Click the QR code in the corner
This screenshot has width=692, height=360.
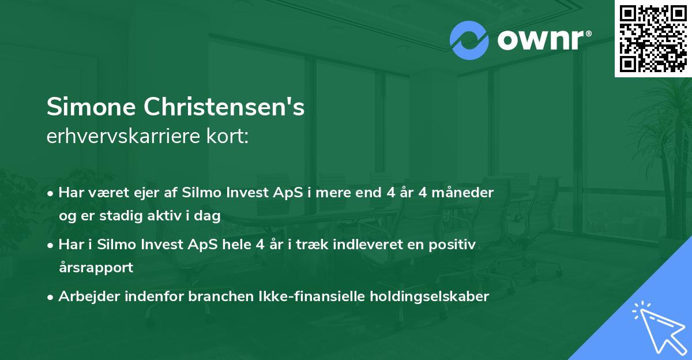click(x=653, y=38)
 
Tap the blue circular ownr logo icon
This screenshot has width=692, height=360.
click(x=469, y=40)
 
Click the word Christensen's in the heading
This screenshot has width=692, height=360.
click(x=224, y=107)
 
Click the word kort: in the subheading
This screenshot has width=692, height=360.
click(x=229, y=137)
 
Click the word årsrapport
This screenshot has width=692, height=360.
click(x=96, y=268)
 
